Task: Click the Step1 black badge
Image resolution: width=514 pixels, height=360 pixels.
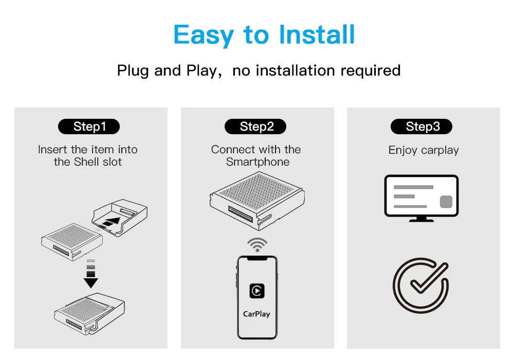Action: tap(89, 126)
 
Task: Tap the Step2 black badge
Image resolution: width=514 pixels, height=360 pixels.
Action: tap(255, 126)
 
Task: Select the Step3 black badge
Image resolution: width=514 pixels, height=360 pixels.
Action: tap(421, 126)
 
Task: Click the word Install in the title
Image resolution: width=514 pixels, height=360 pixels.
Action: tap(317, 34)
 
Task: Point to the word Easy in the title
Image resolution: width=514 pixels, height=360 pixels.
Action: tap(203, 35)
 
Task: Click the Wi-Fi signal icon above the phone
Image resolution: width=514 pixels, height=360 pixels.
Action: tap(258, 245)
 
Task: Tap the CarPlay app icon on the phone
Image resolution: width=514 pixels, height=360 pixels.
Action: tap(257, 291)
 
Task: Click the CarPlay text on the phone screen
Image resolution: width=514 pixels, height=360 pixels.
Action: tap(256, 314)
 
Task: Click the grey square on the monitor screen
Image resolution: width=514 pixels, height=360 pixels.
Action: tap(446, 202)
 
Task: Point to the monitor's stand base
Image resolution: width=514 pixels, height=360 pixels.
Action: tap(421, 220)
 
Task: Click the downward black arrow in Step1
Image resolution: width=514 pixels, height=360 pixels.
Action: tap(91, 274)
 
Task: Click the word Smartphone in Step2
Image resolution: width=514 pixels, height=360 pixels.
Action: tap(258, 162)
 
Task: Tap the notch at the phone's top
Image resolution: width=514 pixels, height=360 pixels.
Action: tap(258, 258)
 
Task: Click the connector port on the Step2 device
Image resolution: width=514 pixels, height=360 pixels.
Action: tap(241, 214)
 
